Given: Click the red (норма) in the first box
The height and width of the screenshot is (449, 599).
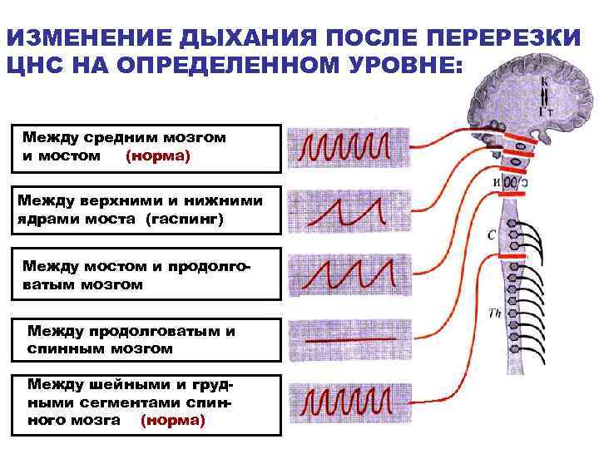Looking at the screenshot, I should [x=157, y=155].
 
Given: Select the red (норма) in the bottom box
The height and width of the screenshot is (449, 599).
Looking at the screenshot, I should [x=172, y=420].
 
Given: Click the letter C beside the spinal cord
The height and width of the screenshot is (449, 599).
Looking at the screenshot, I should [x=492, y=235].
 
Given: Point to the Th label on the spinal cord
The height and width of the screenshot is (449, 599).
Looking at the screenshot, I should [x=493, y=313].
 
